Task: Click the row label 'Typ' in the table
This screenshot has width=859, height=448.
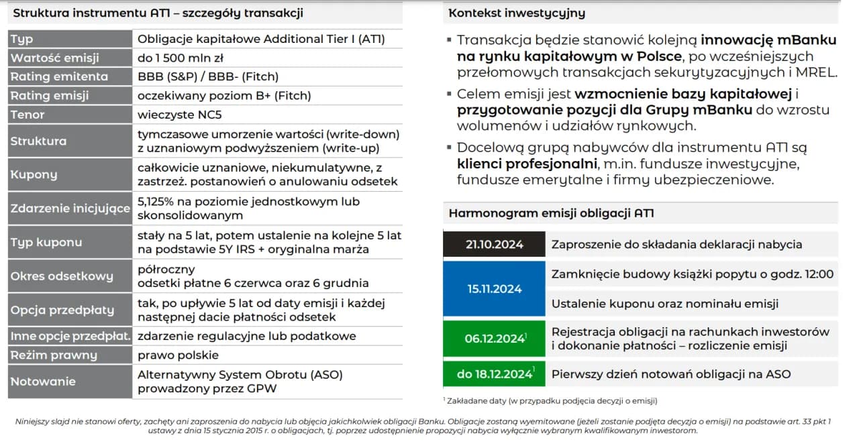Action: tap(21, 40)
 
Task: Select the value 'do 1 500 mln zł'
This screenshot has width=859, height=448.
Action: tap(181, 58)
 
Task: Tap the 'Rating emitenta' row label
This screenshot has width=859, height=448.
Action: tap(59, 76)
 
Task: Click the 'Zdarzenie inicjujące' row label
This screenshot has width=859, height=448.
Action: tap(70, 209)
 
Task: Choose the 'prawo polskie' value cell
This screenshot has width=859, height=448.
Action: tap(178, 355)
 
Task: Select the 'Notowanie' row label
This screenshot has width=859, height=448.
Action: tap(43, 381)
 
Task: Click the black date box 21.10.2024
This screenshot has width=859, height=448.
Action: tap(494, 244)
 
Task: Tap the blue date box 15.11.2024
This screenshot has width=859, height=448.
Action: tap(494, 288)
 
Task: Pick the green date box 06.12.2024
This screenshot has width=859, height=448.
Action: tap(494, 339)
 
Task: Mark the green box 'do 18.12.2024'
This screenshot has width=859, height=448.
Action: tap(494, 374)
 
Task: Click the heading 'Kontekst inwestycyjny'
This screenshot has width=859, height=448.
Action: tap(517, 13)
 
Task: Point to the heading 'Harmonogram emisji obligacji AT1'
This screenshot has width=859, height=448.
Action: tap(551, 213)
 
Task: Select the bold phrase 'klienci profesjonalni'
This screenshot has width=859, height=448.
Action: tap(527, 164)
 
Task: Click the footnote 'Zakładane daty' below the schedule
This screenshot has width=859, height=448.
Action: tap(550, 401)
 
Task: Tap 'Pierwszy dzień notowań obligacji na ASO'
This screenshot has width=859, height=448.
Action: tap(670, 374)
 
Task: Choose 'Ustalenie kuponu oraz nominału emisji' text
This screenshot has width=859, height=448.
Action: tap(664, 304)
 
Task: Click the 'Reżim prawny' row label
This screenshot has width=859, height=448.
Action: tap(54, 355)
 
